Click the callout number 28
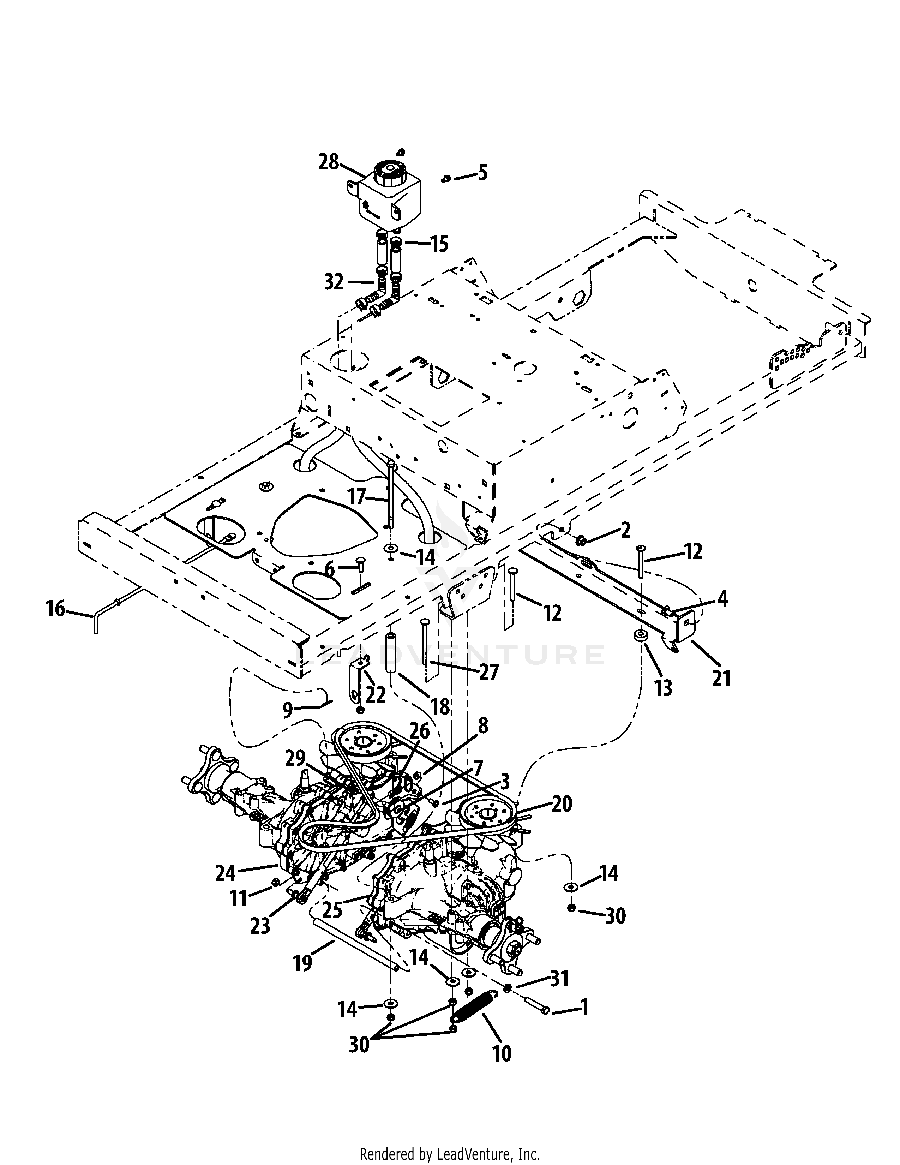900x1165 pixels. pos(329,162)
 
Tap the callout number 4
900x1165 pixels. pos(722,599)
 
